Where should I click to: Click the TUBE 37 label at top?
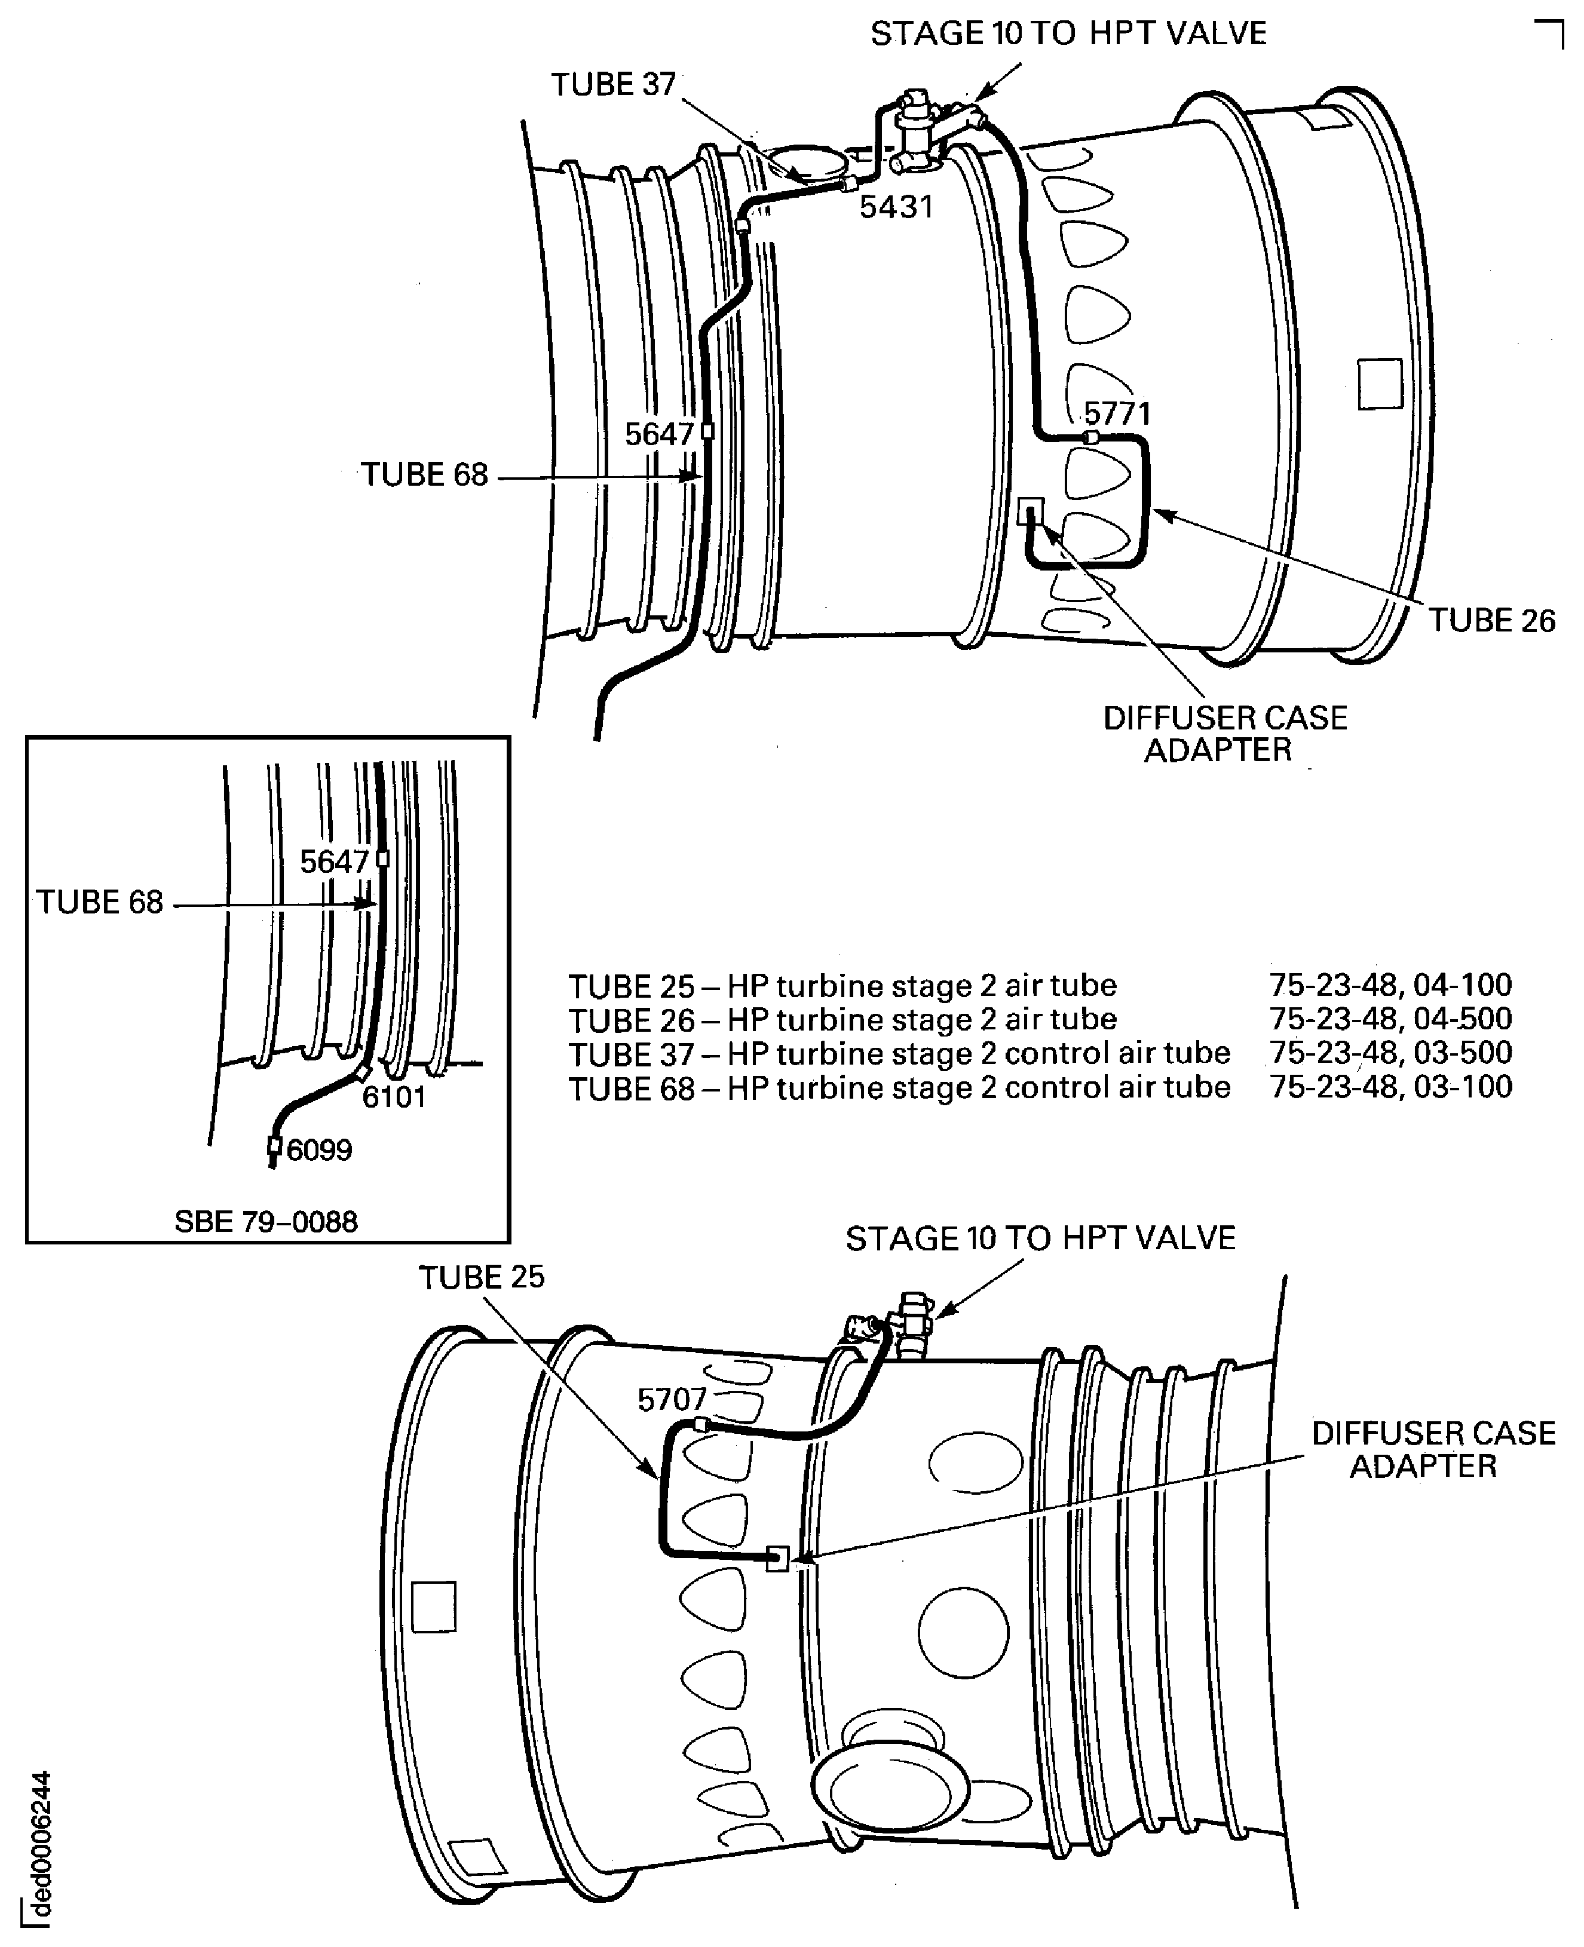(x=612, y=85)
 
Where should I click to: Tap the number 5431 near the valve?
(x=896, y=208)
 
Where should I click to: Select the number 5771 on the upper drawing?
(x=1117, y=414)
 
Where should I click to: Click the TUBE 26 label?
(x=1491, y=620)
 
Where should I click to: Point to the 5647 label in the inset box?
(x=334, y=861)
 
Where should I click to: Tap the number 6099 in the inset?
(x=318, y=1149)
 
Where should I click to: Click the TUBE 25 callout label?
(x=481, y=1277)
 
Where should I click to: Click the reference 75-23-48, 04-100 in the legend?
(x=1390, y=985)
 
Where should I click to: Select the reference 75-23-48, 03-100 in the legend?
(x=1390, y=1087)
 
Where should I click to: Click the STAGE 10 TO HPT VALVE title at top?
(x=1068, y=34)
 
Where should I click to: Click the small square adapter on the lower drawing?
(x=777, y=1557)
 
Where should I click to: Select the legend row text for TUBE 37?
(x=899, y=1053)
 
